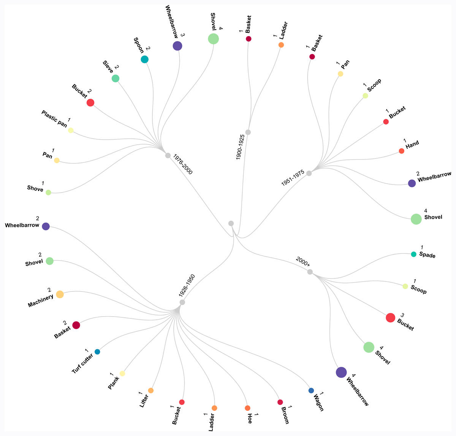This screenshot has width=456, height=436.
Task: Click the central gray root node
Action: (231, 223)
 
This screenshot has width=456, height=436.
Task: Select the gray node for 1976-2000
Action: (168, 155)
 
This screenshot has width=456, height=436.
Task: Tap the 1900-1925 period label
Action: (240, 147)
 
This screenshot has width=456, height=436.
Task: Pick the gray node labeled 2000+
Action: (310, 272)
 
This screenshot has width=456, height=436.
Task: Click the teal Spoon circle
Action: (144, 59)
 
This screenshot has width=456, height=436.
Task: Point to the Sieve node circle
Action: (115, 78)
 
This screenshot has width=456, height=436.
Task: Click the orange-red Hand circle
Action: (401, 151)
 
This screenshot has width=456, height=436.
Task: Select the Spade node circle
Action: (413, 254)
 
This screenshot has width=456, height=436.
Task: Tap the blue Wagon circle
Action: (311, 390)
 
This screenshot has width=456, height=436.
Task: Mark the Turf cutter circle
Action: (97, 352)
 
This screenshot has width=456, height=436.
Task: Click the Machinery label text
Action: (41, 301)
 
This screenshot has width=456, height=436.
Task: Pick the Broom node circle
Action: (280, 402)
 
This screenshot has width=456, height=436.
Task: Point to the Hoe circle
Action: (247, 408)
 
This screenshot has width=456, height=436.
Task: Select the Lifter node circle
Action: (151, 390)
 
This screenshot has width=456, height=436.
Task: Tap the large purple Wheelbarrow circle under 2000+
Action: (341, 372)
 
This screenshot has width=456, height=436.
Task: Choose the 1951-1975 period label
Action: (293, 178)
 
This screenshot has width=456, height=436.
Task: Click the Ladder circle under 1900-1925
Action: (281, 45)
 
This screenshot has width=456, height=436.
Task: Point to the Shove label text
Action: (35, 188)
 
